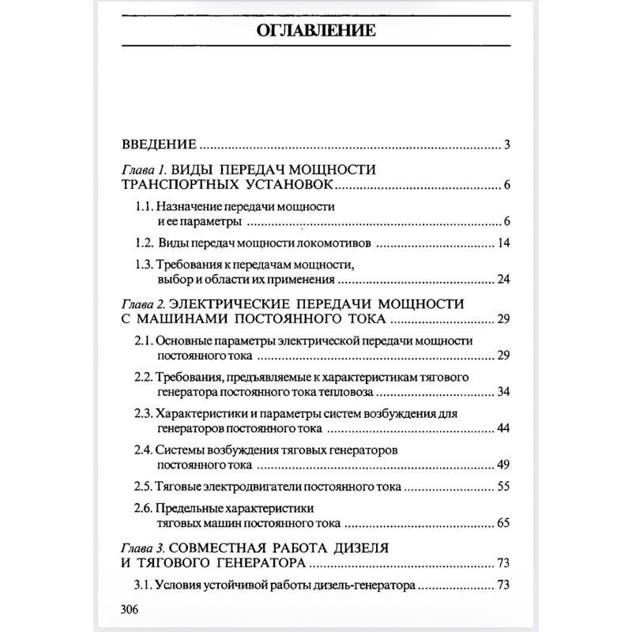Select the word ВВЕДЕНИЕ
(158, 145)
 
